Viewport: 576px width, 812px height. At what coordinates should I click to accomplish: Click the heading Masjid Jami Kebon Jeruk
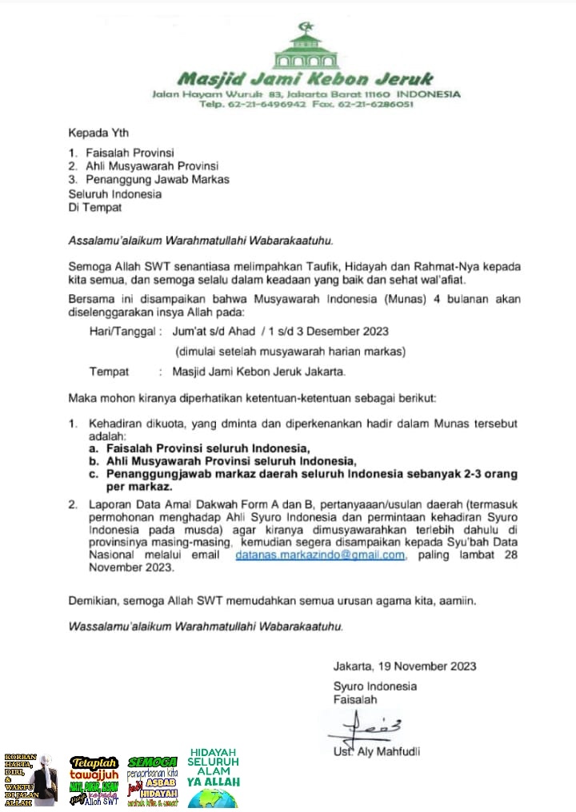point(304,79)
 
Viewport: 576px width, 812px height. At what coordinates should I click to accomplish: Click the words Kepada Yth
point(98,133)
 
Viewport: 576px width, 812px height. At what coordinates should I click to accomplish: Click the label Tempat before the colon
point(110,372)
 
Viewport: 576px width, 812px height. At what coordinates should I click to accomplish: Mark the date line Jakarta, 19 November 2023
point(405,667)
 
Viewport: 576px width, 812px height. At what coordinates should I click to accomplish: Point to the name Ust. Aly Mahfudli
point(377,751)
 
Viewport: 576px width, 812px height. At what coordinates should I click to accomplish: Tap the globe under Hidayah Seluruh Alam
point(213,798)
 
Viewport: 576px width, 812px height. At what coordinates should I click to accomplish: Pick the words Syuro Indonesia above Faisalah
point(375,687)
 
